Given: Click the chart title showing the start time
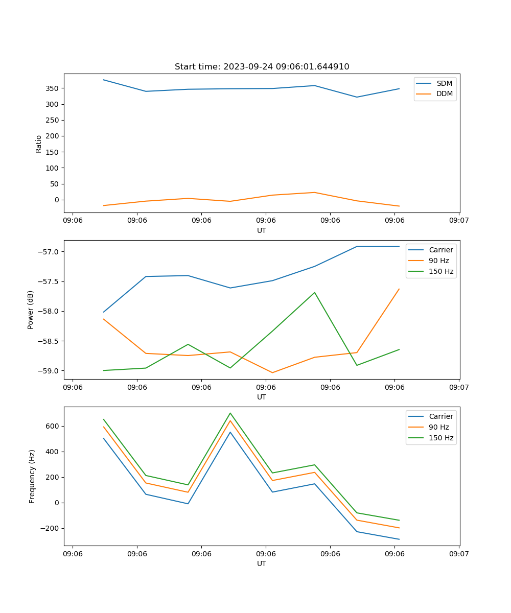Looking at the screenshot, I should coord(262,67).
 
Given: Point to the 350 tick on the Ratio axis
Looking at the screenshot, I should coord(53,88).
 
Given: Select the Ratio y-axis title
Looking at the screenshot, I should coord(39,144).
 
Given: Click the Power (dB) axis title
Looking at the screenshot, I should coord(31,310).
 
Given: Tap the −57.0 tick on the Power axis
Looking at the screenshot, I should coord(49,252).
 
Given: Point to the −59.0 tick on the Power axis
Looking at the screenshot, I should coord(49,371).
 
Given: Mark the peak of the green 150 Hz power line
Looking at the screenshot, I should coord(314,293).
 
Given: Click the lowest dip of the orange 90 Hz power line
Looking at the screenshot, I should coord(272,372).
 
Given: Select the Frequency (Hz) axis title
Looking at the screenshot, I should coord(32,476).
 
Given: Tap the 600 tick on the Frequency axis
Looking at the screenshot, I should coord(53,426).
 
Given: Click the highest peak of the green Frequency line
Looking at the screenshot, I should coord(230,413).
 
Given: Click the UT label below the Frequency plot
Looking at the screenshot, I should coord(262,563).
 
